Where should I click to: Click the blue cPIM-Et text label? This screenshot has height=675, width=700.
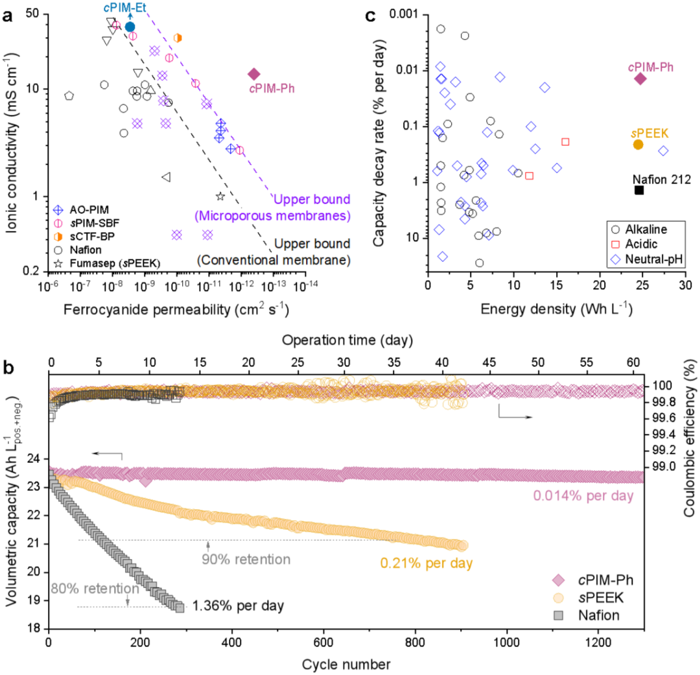(x=125, y=8)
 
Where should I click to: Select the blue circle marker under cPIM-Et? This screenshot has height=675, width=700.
(x=130, y=27)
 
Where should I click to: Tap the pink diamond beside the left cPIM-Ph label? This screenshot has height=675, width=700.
(x=254, y=75)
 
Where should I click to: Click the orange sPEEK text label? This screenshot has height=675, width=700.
(x=650, y=134)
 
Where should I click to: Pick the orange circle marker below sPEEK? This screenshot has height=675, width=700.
(x=638, y=145)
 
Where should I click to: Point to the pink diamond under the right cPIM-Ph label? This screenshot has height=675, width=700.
(x=640, y=79)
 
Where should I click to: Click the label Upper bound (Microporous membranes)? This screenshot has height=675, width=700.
(x=272, y=207)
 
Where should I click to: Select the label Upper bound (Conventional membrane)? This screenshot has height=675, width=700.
(x=274, y=252)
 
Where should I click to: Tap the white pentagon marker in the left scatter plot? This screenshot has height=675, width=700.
(x=69, y=95)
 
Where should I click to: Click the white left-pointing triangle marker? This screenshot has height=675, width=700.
(x=166, y=177)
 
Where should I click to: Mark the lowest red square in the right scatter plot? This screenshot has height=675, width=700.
(x=616, y=244)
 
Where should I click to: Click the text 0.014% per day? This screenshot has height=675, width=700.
(x=583, y=496)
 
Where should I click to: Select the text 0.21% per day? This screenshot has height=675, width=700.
(x=426, y=563)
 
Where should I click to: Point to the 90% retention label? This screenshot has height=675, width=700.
(x=246, y=560)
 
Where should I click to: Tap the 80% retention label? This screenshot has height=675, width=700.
(x=95, y=589)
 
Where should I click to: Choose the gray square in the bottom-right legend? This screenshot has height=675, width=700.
(x=559, y=615)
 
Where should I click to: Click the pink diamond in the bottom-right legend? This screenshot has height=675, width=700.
(x=559, y=580)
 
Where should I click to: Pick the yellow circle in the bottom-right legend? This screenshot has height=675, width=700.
(x=559, y=598)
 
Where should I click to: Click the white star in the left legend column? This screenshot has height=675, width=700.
(x=58, y=264)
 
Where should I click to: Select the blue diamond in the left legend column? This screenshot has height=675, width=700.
(x=58, y=210)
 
